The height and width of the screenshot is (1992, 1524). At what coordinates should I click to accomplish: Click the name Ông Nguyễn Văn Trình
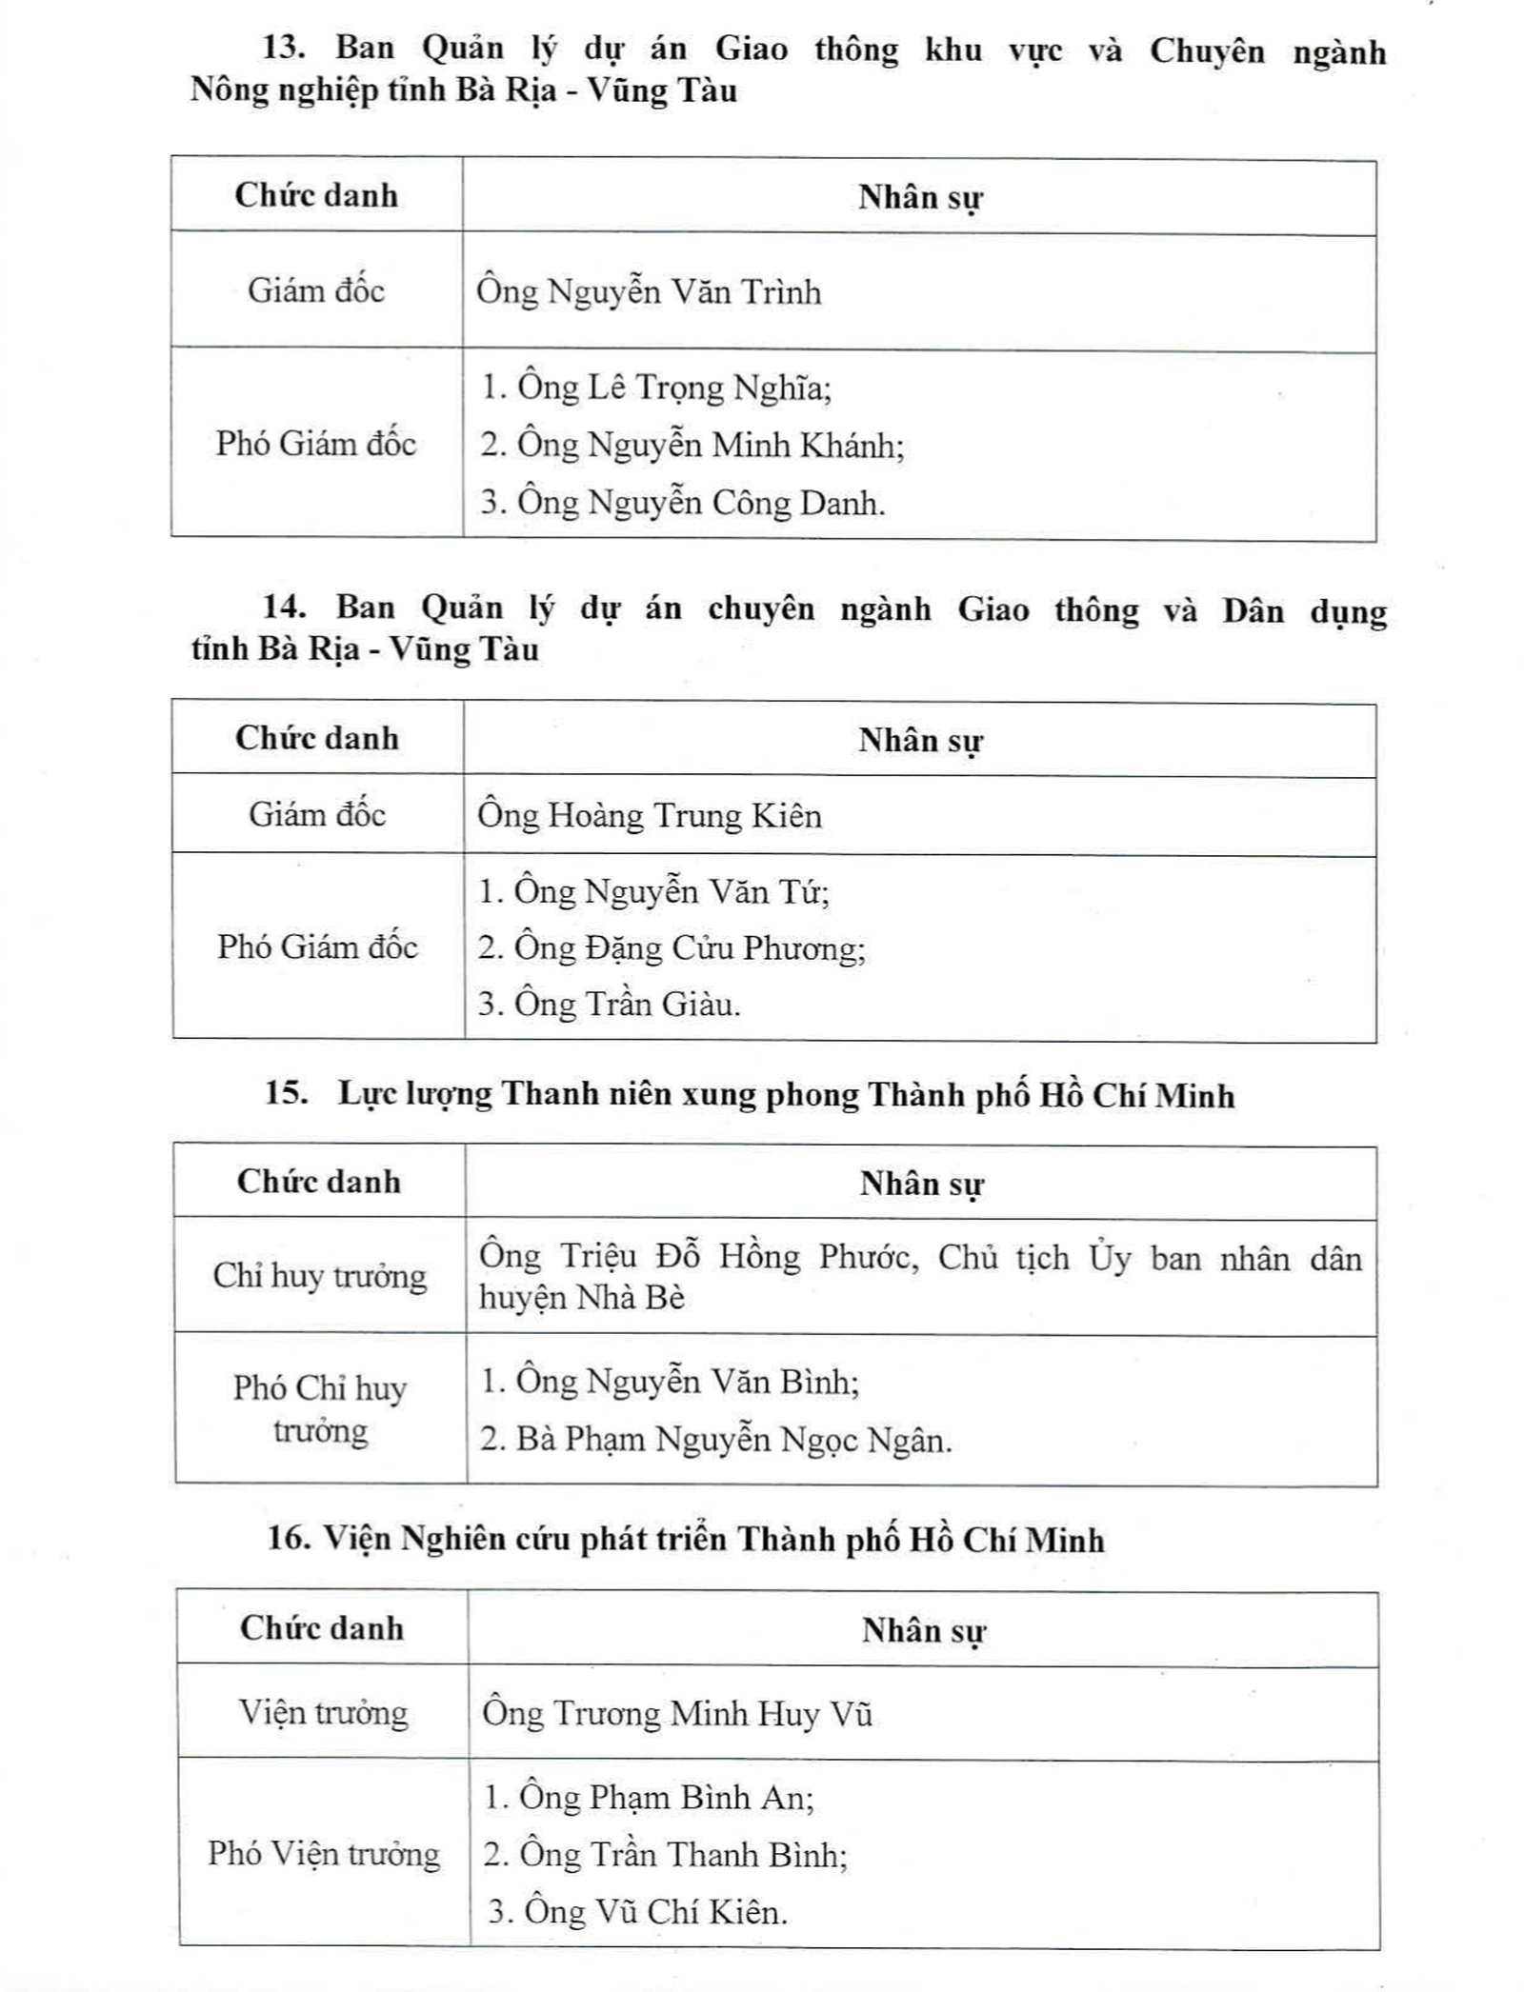click(649, 291)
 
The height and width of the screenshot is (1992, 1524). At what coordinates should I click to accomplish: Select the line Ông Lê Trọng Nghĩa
click(673, 388)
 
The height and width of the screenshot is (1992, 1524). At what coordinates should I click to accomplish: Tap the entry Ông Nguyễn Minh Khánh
click(710, 445)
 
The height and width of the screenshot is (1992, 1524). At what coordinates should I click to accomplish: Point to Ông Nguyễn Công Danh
click(700, 503)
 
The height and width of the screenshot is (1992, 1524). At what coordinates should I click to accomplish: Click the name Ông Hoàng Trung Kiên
click(650, 816)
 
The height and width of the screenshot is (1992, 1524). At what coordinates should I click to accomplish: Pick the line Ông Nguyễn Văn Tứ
click(671, 892)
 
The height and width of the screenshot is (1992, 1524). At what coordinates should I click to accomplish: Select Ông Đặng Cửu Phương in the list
click(689, 948)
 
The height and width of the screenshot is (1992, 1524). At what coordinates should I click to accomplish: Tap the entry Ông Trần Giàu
click(626, 1005)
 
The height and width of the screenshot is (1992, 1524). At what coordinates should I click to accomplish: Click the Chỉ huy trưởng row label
click(320, 1276)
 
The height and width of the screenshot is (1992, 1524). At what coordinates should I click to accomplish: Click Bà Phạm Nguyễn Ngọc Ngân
click(732, 1439)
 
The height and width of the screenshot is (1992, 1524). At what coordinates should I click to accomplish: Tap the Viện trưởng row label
click(323, 1713)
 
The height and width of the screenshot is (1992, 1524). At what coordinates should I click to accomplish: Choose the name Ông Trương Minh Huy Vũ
click(677, 1714)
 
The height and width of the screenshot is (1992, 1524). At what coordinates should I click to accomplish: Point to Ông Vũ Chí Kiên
click(653, 1912)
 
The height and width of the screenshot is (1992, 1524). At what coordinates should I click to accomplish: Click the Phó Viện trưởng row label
click(324, 1854)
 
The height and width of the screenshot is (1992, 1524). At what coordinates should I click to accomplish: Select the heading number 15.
click(286, 1093)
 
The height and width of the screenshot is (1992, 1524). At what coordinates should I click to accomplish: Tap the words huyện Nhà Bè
click(581, 1298)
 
